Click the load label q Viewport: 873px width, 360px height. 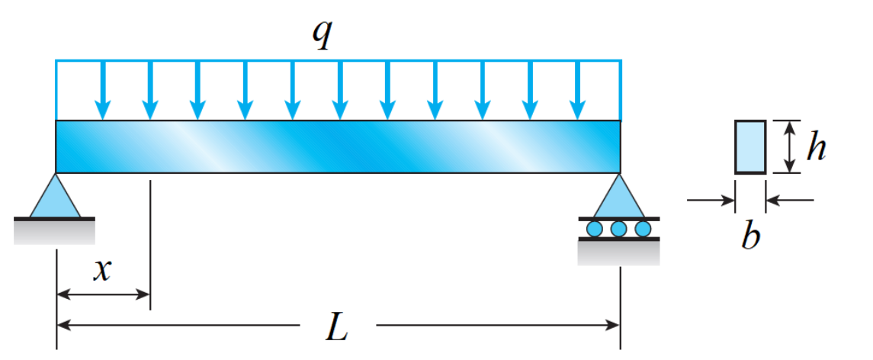tap(324, 34)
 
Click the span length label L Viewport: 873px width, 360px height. tap(336, 327)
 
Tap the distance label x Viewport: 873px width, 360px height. tap(102, 269)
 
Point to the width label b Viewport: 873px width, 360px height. tap(750, 237)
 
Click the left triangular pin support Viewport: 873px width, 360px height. tap(56, 198)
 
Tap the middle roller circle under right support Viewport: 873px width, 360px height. tap(618, 228)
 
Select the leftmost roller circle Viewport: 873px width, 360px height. tap(595, 228)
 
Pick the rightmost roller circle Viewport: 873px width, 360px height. tap(643, 228)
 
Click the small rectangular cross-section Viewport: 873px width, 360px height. tap(750, 146)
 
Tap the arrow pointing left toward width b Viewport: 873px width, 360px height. tap(790, 201)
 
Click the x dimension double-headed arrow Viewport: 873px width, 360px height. tap(104, 294)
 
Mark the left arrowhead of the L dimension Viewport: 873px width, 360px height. tap(65, 325)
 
